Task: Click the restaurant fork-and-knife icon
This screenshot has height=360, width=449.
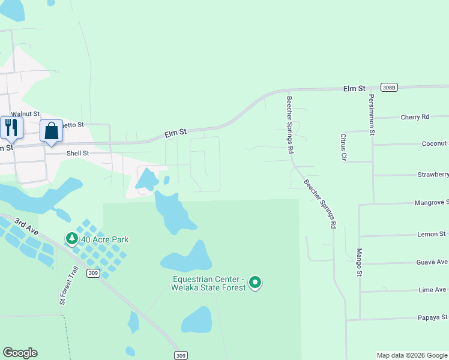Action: click(11, 127)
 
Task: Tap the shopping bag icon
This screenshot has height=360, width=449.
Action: click(51, 130)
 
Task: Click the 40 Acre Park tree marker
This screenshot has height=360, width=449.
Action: click(72, 239)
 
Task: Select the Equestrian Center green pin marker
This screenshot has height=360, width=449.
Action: click(255, 281)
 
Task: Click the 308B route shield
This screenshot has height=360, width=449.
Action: click(389, 88)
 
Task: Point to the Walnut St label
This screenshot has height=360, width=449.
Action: click(25, 113)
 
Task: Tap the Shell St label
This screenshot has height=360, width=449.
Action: click(77, 154)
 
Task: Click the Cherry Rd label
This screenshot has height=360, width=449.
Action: click(415, 117)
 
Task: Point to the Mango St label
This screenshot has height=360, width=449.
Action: click(360, 262)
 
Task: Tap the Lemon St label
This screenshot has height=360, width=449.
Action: click(431, 234)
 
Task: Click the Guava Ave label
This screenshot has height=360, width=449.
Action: click(432, 262)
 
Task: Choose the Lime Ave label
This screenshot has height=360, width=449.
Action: click(432, 290)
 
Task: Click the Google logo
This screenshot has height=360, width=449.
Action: click(20, 353)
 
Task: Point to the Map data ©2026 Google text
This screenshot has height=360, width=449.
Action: click(412, 355)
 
